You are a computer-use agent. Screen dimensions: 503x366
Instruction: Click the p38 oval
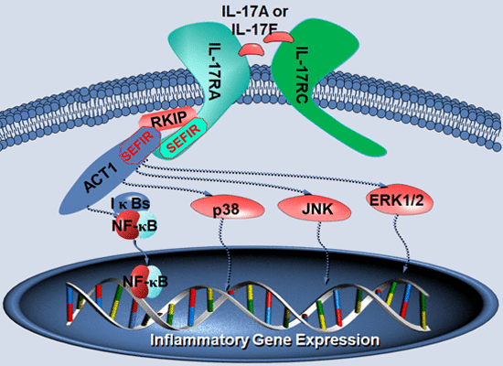click(x=228, y=208)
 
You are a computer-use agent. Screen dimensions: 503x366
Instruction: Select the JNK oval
click(x=315, y=208)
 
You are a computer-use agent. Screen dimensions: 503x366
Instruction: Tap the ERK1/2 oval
click(x=400, y=200)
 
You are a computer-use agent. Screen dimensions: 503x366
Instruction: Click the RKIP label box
click(x=168, y=119)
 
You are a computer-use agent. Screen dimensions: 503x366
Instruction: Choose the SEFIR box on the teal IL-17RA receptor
click(x=184, y=138)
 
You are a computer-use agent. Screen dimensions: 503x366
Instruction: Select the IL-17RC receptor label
click(x=301, y=75)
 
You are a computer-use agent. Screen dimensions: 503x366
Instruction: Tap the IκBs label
click(x=131, y=203)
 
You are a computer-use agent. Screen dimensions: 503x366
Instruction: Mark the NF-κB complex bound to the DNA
click(x=146, y=282)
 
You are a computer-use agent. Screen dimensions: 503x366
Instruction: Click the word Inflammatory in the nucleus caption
click(x=199, y=340)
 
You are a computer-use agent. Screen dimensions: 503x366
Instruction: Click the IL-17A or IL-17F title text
click(x=255, y=20)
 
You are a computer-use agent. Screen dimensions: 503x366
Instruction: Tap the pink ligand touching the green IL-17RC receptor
click(x=278, y=38)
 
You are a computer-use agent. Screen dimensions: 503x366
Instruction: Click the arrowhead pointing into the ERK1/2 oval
click(x=384, y=185)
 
